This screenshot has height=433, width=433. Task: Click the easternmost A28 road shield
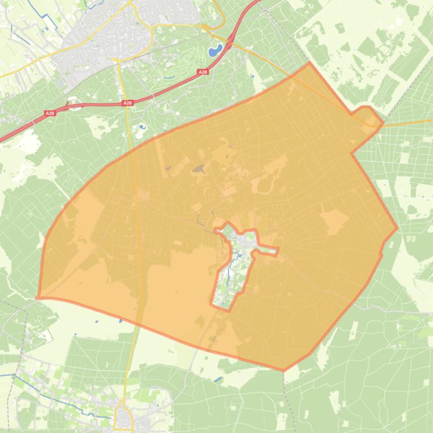[202, 73]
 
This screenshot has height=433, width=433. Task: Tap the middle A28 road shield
[128, 103]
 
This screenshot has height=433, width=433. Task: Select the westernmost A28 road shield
[50, 113]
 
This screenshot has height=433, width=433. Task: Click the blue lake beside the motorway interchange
[215, 51]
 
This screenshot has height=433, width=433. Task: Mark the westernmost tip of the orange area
[37, 297]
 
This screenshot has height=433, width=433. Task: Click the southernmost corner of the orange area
[283, 371]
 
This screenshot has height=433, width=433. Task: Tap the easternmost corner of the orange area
[397, 228]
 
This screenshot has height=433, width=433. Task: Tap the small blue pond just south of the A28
[141, 128]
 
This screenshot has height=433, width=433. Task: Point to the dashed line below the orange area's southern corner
[285, 394]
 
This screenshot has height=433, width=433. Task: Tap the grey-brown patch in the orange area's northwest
[198, 168]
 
